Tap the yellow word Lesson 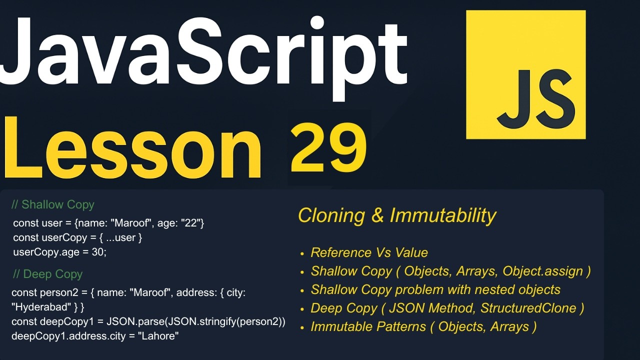click(x=132, y=147)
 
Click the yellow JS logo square click(x=525, y=75)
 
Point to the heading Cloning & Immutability click(x=396, y=215)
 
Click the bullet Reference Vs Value click(x=369, y=252)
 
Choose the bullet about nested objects click(x=435, y=289)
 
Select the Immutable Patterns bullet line click(x=423, y=326)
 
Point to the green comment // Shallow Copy click(x=52, y=204)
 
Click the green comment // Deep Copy click(x=47, y=274)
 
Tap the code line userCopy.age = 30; click(x=60, y=252)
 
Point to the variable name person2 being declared click(x=54, y=292)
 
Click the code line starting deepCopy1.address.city click(x=95, y=336)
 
